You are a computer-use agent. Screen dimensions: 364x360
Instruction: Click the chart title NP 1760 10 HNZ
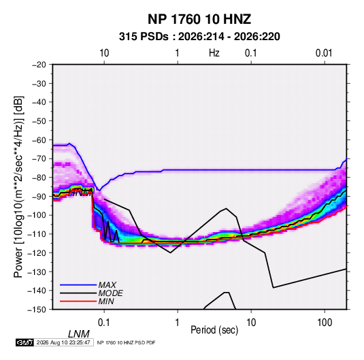tap(199, 19)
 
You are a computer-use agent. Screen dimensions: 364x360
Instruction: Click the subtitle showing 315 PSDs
tap(199, 37)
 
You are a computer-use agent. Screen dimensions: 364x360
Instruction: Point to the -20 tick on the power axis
tap(39, 65)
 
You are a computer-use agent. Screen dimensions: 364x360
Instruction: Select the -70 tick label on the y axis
tap(39, 159)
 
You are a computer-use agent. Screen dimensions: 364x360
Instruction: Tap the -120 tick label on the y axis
tap(37, 252)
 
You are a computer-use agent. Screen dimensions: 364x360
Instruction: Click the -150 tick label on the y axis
tap(37, 310)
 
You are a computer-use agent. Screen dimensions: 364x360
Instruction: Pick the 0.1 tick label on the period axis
tap(104, 323)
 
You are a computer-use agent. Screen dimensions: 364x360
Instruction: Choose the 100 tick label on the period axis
tap(325, 323)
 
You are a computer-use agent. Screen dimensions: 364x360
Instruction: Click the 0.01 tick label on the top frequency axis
tap(324, 53)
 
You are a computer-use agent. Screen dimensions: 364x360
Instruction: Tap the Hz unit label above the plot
tap(214, 53)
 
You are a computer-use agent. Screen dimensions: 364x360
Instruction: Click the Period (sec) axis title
tap(214, 329)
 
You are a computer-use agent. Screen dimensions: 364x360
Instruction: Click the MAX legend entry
tap(107, 284)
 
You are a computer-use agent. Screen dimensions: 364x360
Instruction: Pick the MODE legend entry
tap(110, 293)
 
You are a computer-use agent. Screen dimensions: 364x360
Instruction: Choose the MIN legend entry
tap(106, 301)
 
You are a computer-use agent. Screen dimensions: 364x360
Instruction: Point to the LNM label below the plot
tap(79, 334)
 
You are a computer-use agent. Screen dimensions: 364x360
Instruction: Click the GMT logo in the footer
tap(24, 342)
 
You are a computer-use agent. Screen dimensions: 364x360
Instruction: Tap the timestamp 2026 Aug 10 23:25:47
tap(63, 342)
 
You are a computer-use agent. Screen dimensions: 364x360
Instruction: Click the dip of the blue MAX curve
tap(99, 191)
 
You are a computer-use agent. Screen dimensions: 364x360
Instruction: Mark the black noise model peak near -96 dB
tap(227, 208)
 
